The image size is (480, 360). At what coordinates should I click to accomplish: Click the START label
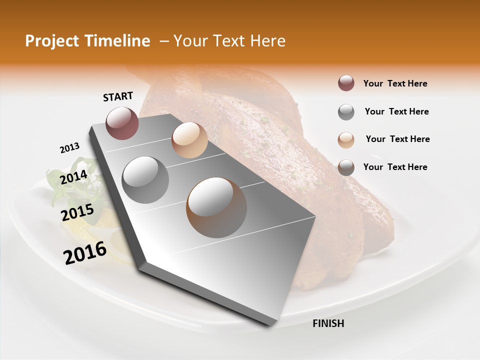(118, 96)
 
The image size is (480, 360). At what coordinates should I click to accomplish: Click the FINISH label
(328, 323)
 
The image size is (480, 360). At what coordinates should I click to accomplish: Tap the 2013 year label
(69, 148)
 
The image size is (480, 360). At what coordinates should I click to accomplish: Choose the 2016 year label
(85, 253)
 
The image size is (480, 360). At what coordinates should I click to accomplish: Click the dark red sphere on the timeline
(122, 123)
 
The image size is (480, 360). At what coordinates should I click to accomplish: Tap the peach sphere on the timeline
(189, 140)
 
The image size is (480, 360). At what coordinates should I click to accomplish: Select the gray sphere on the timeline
(145, 179)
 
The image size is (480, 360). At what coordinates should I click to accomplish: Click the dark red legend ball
(346, 83)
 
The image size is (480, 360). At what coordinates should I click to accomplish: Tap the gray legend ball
(346, 112)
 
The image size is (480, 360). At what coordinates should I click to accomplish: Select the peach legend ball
(346, 139)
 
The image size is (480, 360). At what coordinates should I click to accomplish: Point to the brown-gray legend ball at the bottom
(346, 167)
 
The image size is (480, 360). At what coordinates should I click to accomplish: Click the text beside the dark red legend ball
(395, 83)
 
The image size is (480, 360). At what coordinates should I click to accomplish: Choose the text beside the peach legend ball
(397, 139)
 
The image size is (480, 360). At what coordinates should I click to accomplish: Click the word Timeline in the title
(117, 41)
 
